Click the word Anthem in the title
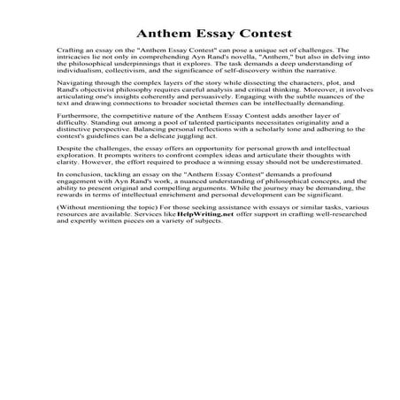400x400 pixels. point(159,33)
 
